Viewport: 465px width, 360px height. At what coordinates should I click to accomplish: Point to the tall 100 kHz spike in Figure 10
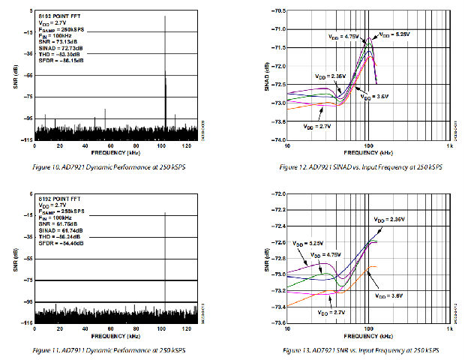point(165,75)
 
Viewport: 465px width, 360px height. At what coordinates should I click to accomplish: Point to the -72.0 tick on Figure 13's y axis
point(276,194)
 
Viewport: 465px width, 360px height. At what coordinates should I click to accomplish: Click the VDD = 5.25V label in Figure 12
point(394,34)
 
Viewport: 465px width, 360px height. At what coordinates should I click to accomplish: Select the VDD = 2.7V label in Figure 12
point(317,127)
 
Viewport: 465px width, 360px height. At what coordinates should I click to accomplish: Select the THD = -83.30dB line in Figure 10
point(57,54)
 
